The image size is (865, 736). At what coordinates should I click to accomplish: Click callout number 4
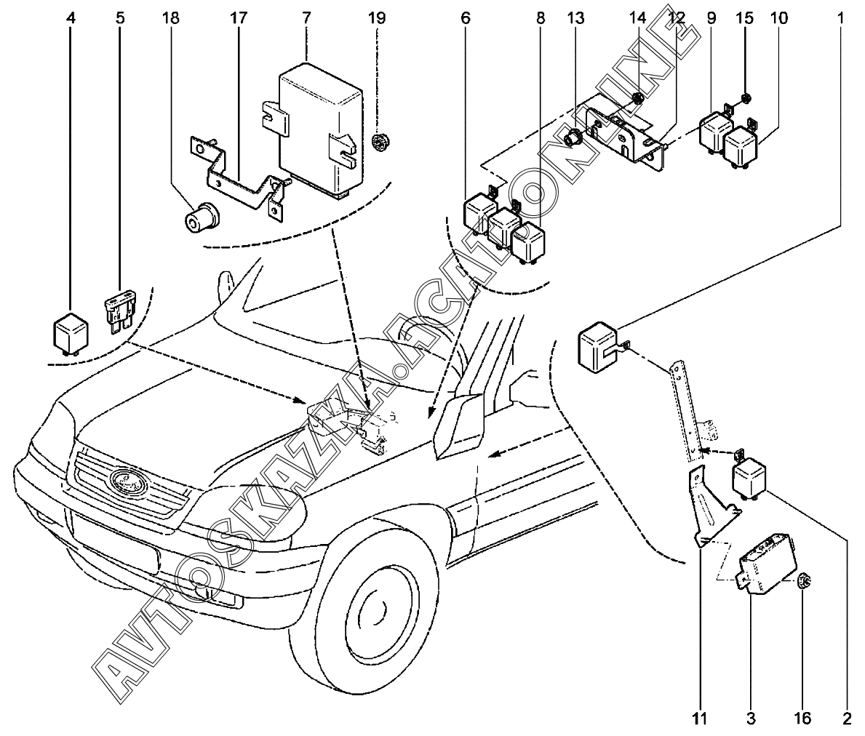click(x=71, y=17)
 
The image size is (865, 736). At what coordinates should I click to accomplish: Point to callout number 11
click(x=699, y=719)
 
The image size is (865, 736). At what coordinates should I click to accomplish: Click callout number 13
click(x=575, y=17)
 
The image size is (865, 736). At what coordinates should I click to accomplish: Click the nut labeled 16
click(x=804, y=581)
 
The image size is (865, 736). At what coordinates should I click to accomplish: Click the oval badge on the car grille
click(x=128, y=481)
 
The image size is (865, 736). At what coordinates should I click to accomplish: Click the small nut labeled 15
click(x=747, y=97)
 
